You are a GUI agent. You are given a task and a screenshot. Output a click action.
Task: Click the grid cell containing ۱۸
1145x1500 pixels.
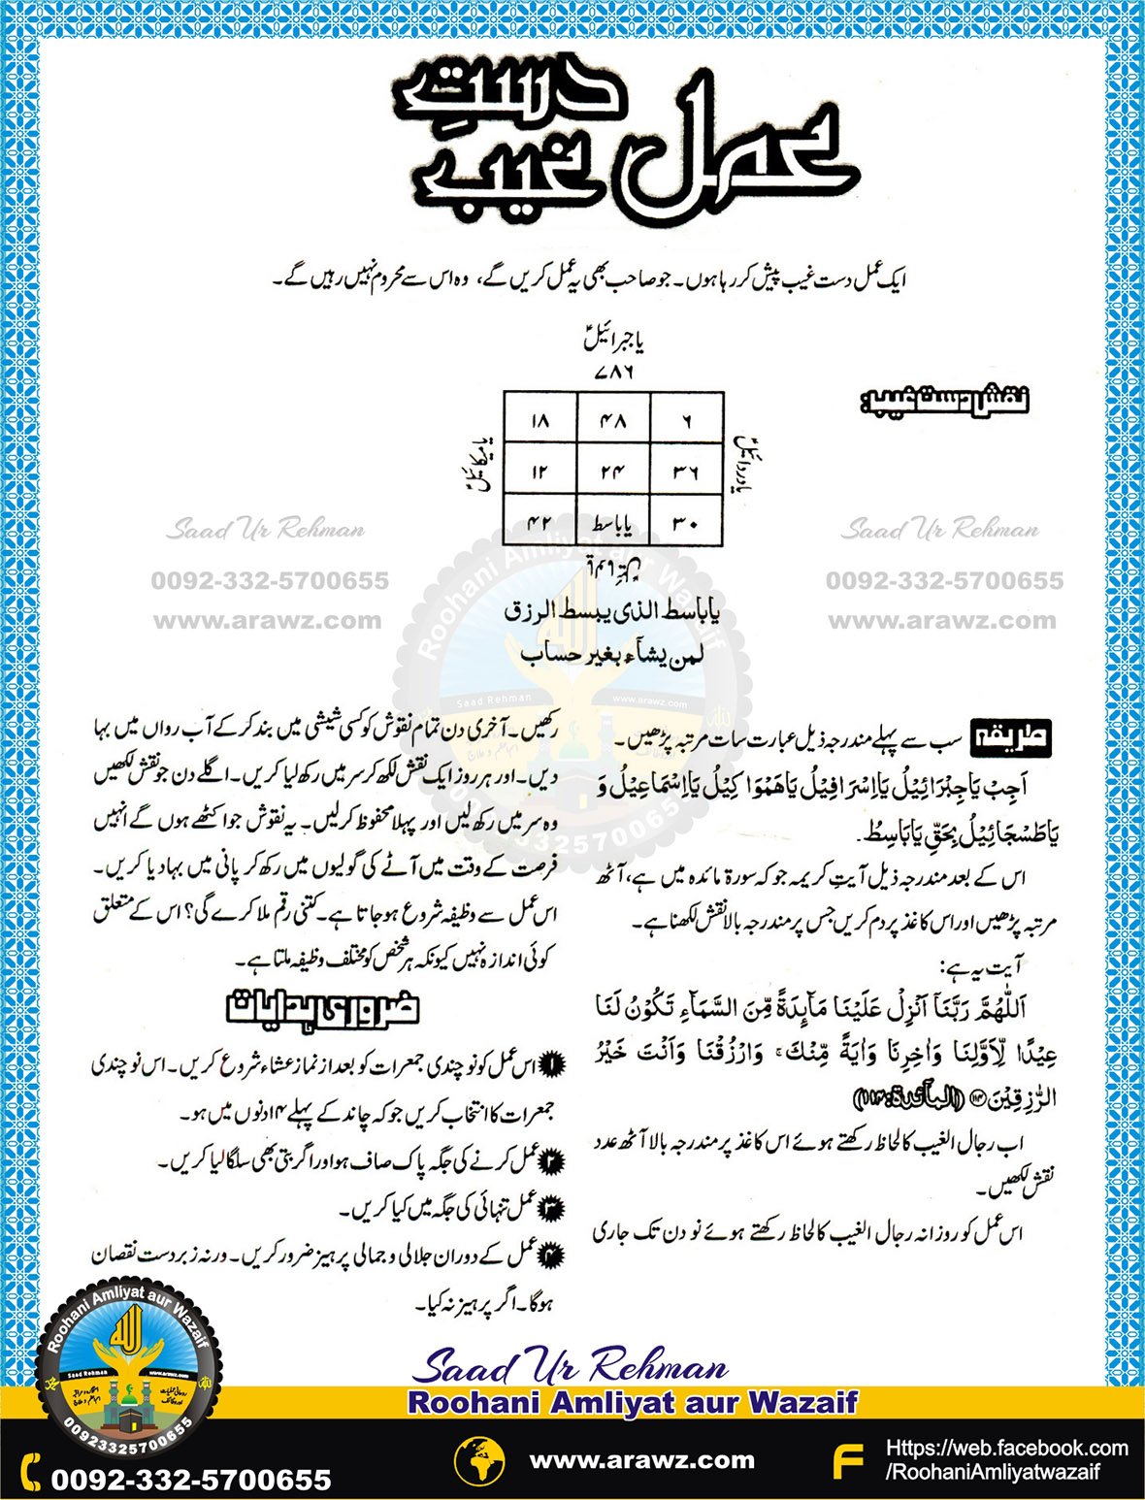coord(540,421)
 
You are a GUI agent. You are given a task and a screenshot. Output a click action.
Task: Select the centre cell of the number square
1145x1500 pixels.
coord(613,472)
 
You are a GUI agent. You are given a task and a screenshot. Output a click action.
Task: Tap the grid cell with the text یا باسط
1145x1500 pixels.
coord(613,524)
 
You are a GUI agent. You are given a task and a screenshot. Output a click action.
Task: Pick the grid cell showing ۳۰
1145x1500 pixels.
coord(687,524)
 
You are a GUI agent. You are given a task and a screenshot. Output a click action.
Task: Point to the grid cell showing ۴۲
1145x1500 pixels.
coord(540,524)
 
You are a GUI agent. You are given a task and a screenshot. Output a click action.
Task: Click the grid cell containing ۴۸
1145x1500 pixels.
coord(613,421)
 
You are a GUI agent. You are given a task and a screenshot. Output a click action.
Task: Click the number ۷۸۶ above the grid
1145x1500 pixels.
coord(612,372)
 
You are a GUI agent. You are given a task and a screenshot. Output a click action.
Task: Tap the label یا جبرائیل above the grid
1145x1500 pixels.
coord(614,341)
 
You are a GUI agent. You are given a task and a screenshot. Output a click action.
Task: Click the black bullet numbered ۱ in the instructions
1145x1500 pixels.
coord(550,1065)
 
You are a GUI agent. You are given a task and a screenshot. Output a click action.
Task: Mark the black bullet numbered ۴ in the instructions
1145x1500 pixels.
coord(550,1255)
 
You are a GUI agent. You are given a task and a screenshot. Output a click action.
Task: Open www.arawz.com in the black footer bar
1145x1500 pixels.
coord(641,1460)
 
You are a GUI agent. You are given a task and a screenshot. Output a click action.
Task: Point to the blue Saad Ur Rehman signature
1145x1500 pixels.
coord(571,1367)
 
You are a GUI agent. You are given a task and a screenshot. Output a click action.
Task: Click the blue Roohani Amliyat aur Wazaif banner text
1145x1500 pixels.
coord(633,1402)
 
